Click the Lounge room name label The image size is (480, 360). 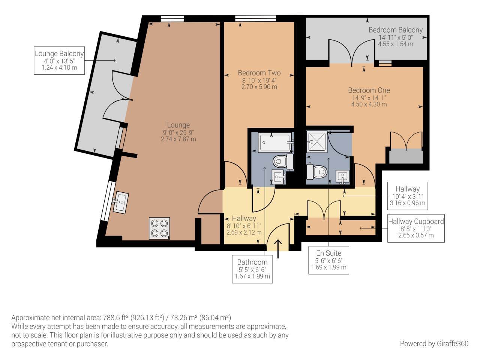[x=178, y=125]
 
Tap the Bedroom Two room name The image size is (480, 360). [x=259, y=73]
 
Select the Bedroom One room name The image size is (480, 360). [x=369, y=90]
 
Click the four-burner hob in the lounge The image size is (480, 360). [x=159, y=228]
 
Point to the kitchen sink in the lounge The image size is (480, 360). [x=121, y=202]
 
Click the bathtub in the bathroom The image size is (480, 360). [x=275, y=142]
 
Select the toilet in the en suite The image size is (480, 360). [x=317, y=172]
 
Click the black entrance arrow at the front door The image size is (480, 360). [x=278, y=249]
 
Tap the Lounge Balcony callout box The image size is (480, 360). [x=59, y=61]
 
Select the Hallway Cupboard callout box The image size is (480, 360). [x=416, y=228]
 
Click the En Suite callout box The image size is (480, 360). [x=328, y=260]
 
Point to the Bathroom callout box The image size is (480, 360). [x=252, y=269]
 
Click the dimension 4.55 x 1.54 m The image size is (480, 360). [x=395, y=44]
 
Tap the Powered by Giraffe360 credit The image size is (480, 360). [x=434, y=343]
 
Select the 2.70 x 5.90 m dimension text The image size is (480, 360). [x=259, y=87]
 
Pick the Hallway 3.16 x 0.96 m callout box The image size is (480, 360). [x=407, y=196]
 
